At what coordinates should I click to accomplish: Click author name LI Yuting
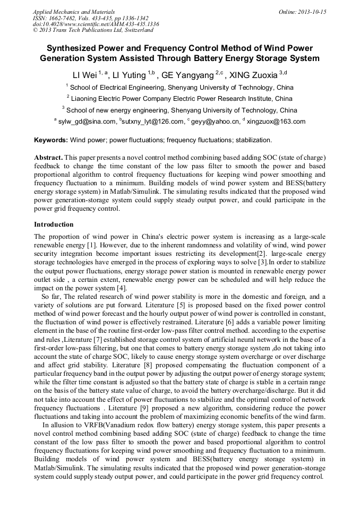pos(130,75)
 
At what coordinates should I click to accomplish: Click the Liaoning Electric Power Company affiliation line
pos(179,98)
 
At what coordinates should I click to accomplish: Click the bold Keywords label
pos(51,140)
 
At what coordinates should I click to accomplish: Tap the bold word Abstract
pos(48,158)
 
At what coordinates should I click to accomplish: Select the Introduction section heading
pos(54,225)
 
